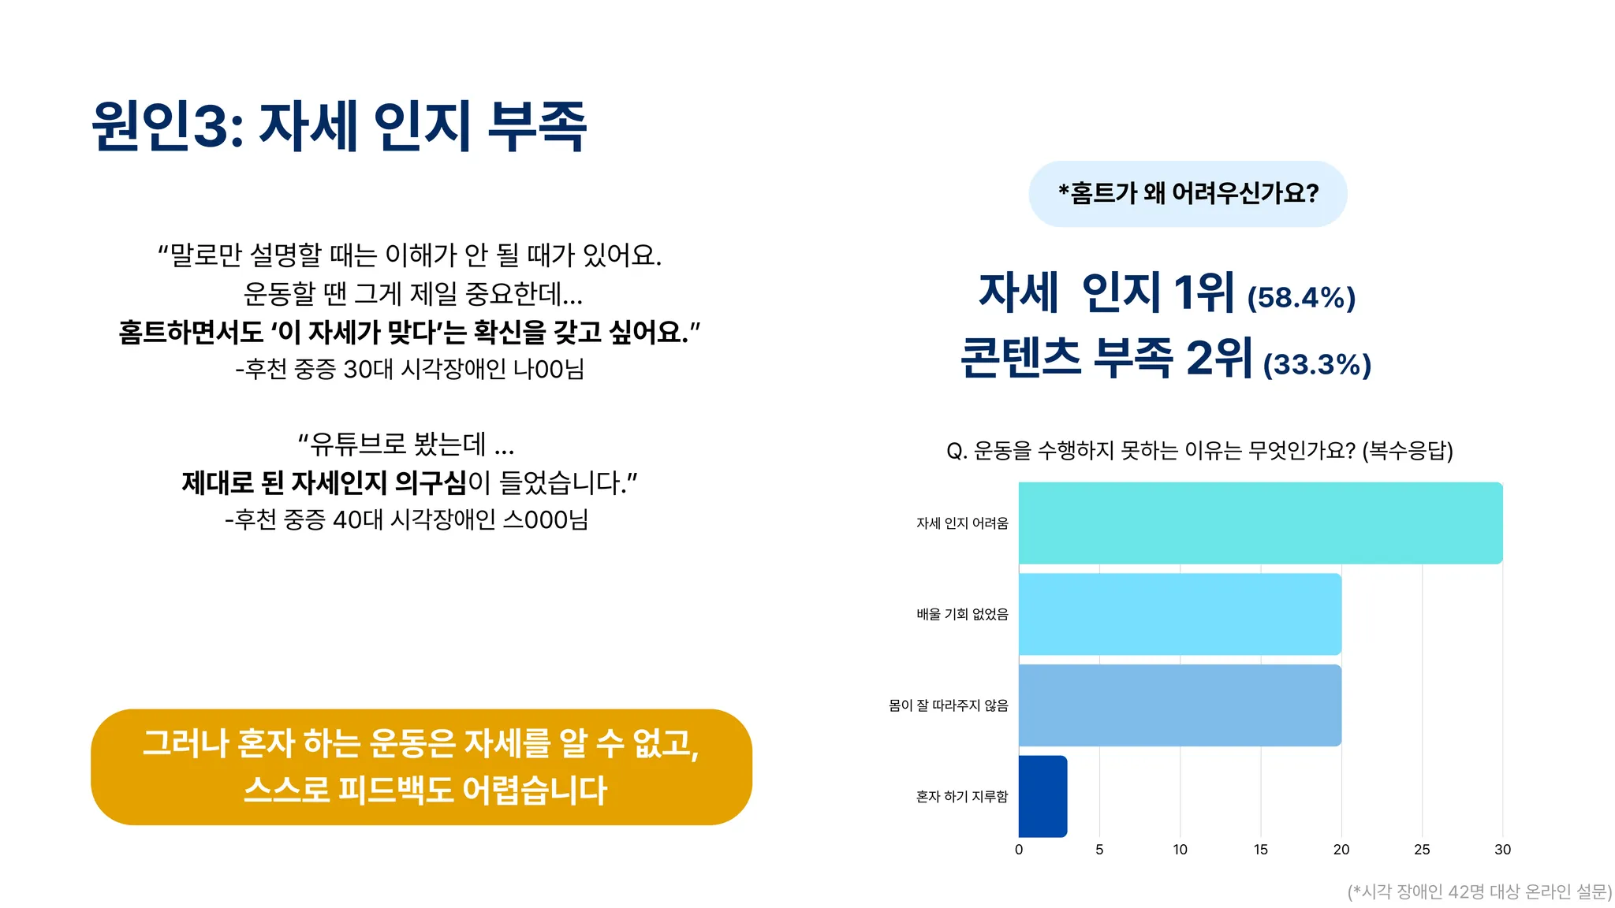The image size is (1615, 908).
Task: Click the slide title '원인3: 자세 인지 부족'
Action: (340, 125)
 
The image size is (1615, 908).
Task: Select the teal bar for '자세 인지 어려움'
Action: (1260, 523)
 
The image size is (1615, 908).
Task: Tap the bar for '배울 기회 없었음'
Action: (1180, 614)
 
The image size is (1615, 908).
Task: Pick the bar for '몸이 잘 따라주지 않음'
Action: (1180, 705)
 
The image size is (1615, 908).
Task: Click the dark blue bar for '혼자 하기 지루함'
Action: (1042, 796)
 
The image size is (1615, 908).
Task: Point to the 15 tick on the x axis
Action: (1260, 850)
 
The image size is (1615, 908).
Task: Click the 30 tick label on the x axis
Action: (1502, 850)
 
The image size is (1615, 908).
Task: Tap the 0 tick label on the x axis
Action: (1019, 850)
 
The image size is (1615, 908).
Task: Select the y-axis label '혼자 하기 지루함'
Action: (962, 797)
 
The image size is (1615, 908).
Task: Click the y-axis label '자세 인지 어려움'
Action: (962, 523)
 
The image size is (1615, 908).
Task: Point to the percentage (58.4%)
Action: (1301, 297)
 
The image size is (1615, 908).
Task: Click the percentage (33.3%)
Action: (1317, 364)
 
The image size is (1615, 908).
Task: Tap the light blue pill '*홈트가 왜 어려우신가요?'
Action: (1188, 194)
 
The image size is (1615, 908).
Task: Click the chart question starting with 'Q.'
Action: (1199, 451)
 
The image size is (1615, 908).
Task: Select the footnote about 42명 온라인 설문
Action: (1479, 891)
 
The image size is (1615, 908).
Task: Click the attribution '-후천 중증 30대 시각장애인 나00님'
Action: (409, 369)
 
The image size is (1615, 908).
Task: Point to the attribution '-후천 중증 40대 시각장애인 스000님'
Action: (406, 519)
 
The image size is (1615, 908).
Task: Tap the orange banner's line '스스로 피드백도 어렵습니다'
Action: (425, 790)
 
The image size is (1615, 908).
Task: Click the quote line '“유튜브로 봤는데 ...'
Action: (406, 445)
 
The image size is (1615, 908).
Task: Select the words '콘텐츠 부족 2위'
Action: (1106, 358)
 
